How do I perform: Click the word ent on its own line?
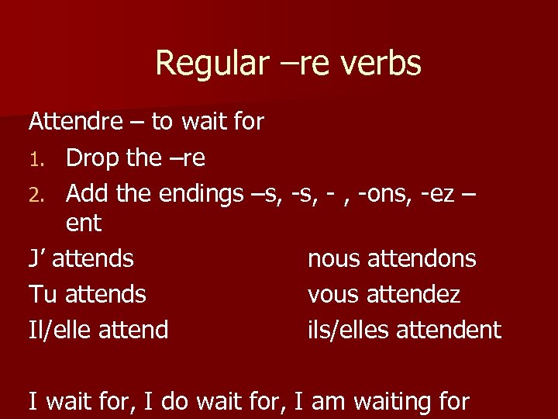pos(84,223)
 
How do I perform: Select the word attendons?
pos(422,258)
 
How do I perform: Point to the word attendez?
pos(418,293)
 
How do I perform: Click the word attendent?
pos(449,329)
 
